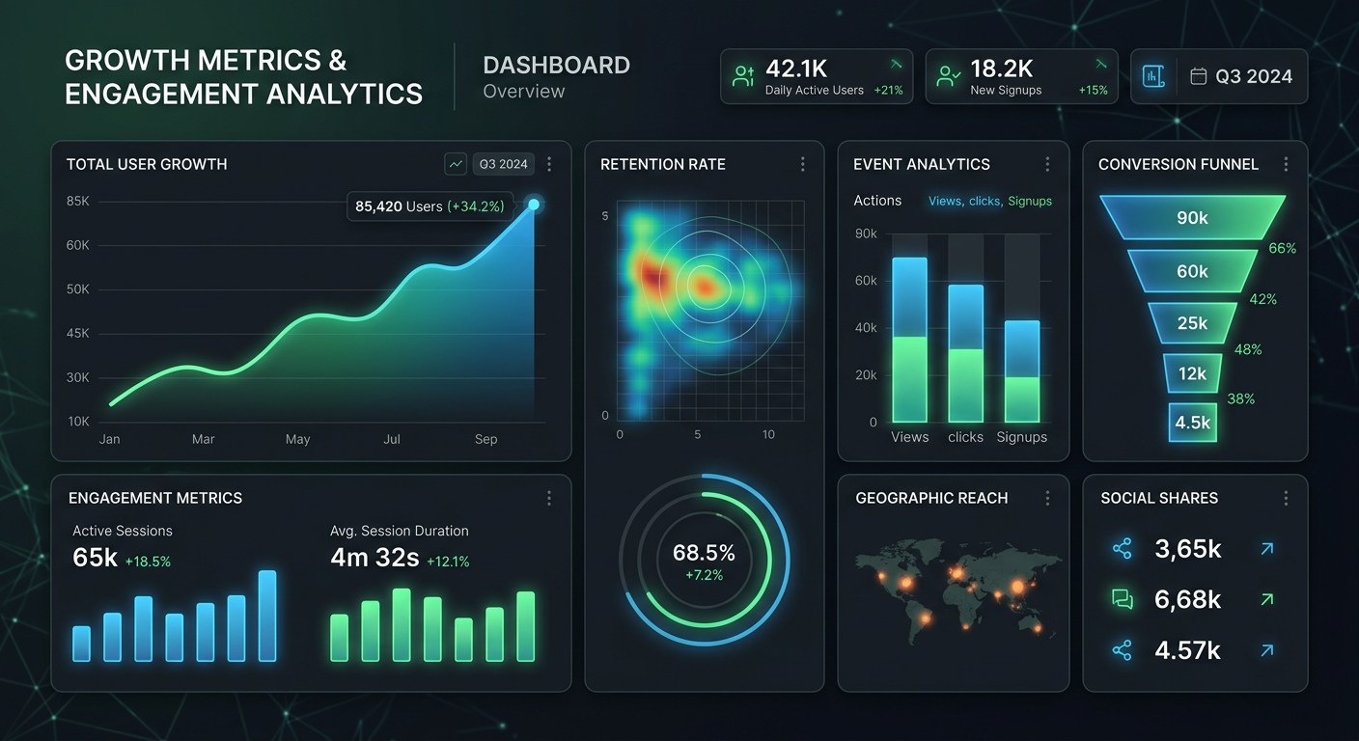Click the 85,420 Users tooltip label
430,206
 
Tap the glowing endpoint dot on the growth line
534,205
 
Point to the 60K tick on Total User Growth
78,245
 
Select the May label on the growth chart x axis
297,439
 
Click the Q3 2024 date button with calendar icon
1241,76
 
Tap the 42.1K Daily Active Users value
796,69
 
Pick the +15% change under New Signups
1093,91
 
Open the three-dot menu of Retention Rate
802,165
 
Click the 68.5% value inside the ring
704,553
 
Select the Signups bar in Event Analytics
1022,371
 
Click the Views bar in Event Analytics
909,340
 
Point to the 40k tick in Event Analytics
866,328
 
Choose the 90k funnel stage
1192,218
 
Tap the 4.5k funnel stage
1192,423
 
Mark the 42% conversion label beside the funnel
1262,299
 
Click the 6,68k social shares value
1187,599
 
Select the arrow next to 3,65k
1267,549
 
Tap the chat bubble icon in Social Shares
1122,599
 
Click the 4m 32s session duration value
374,558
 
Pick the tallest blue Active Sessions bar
267,616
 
